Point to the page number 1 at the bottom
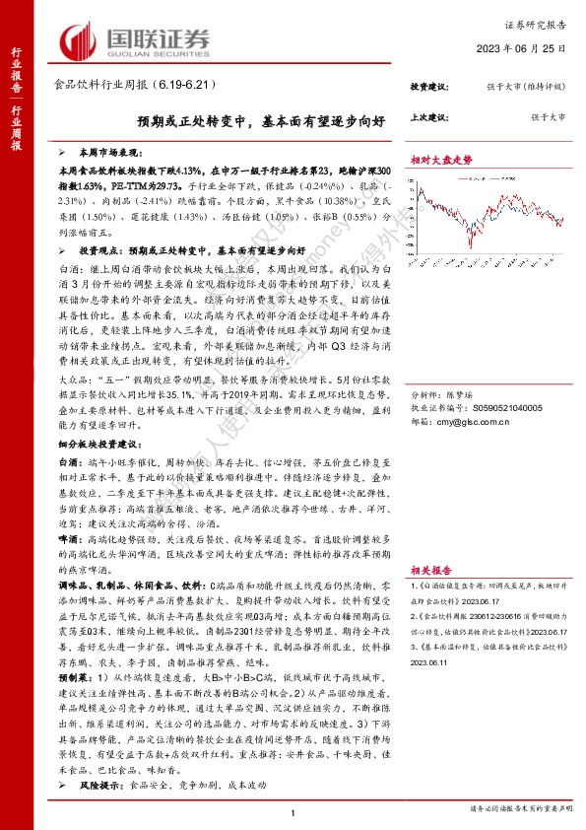point(293,810)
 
